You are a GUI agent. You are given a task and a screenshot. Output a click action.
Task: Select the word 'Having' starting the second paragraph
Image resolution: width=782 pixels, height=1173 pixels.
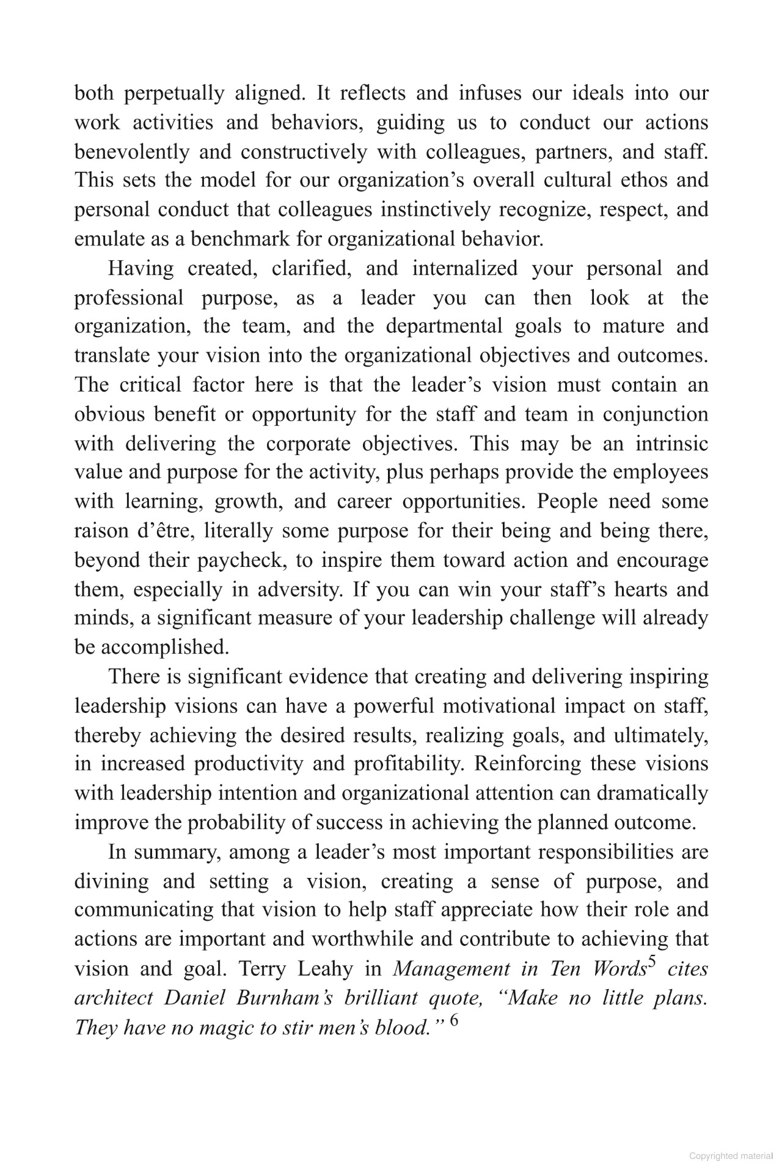[140, 268]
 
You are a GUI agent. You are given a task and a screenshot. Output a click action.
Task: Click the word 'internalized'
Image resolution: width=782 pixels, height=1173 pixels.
[464, 268]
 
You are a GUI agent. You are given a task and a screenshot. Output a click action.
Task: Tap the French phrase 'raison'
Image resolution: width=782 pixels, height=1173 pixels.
[98, 530]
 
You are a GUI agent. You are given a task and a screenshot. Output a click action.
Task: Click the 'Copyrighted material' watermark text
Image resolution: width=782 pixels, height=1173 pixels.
[729, 1156]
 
